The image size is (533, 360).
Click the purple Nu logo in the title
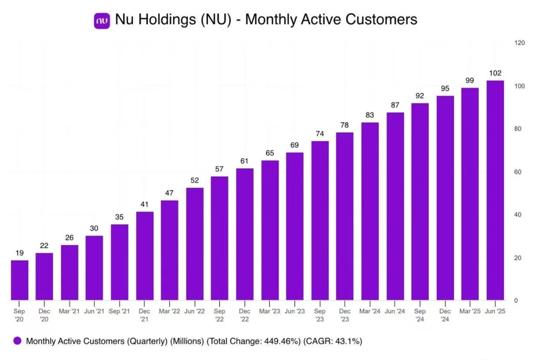(x=102, y=20)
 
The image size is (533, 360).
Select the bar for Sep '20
(x=20, y=280)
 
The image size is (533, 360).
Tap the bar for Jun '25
(x=495, y=190)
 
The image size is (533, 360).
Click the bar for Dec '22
(x=245, y=234)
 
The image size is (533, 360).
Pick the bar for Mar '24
(x=370, y=211)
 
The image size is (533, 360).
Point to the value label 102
(x=495, y=73)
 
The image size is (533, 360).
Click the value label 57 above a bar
(x=220, y=169)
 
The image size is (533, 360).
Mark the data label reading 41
(x=145, y=204)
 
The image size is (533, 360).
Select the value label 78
(x=345, y=125)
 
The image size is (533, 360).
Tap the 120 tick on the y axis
(x=519, y=43)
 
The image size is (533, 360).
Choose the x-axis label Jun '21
(x=94, y=311)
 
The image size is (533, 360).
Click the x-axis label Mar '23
(x=270, y=311)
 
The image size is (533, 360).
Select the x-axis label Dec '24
(x=445, y=315)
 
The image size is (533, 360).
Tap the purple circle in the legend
(x=17, y=341)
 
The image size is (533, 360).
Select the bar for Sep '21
(x=119, y=262)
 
